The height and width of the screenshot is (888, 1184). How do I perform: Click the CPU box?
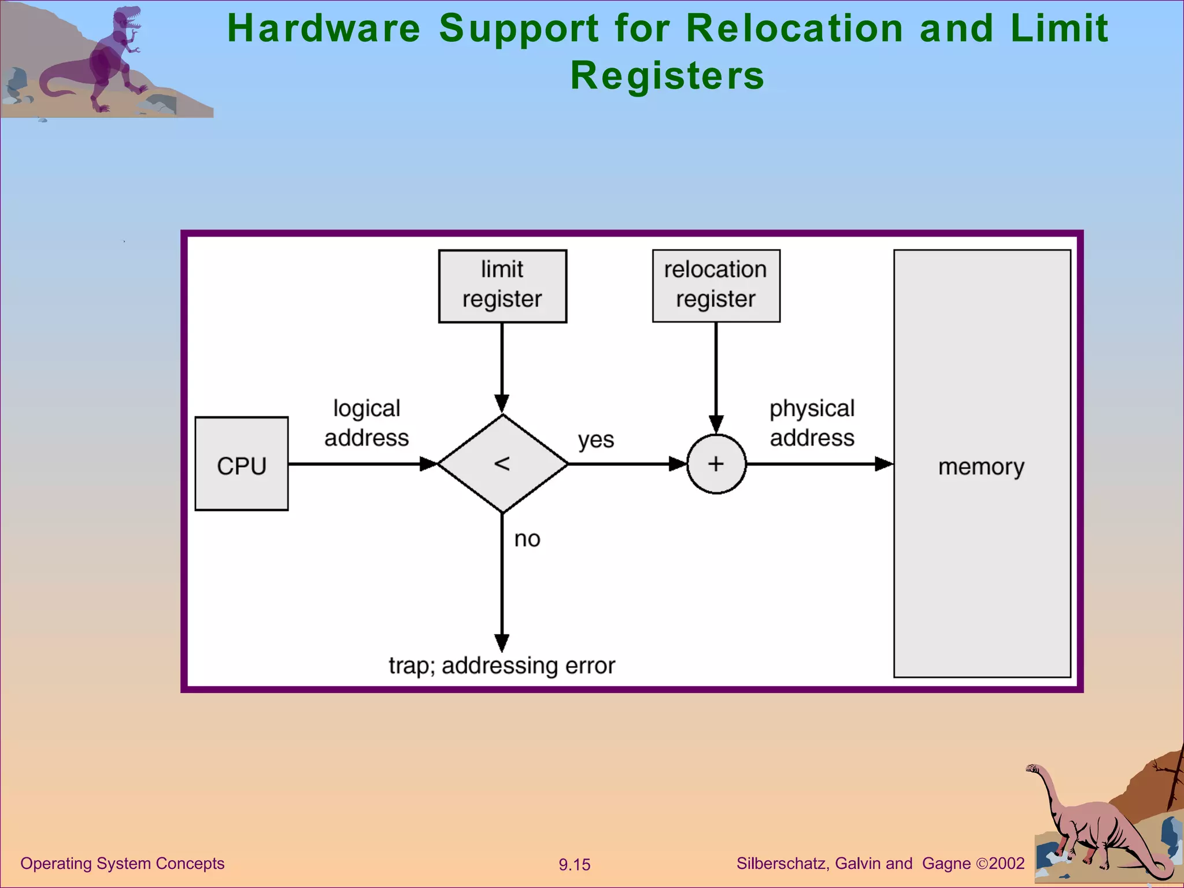point(242,464)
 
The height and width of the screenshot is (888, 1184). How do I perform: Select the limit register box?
point(502,286)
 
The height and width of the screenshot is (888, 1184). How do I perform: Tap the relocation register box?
point(716,286)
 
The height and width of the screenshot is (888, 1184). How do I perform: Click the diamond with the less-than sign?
point(502,464)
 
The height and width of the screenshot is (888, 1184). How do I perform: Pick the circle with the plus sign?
point(716,464)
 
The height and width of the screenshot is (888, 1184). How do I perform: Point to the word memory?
point(981,467)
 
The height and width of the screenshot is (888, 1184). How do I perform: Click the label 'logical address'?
point(367,423)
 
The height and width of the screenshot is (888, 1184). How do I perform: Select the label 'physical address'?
point(812,423)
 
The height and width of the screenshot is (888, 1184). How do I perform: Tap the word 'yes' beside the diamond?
point(595,440)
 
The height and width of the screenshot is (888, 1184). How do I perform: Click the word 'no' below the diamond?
point(527,539)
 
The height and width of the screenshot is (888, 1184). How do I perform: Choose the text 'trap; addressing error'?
point(502,665)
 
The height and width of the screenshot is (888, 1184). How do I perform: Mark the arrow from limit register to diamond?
point(502,364)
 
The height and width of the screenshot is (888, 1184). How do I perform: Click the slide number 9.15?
point(574,865)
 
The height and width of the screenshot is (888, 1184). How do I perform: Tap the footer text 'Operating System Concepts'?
point(122,863)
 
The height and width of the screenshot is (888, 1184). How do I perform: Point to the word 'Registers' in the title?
point(667,76)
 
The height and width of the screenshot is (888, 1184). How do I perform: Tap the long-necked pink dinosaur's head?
point(1033,768)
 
